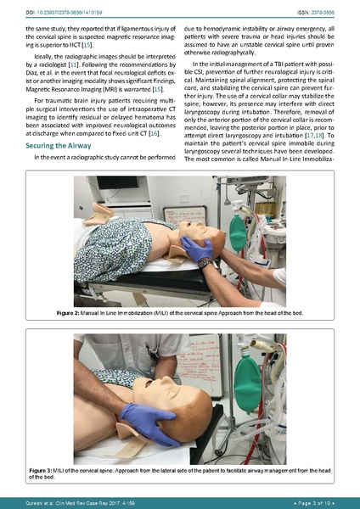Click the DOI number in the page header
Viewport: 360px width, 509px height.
pos(54,8)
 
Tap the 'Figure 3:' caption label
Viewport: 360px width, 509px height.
pos(43,469)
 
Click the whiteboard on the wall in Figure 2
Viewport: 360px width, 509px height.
pos(183,215)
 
